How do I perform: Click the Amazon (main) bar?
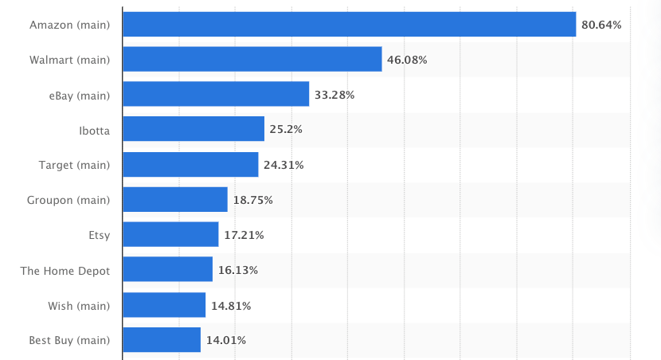click(x=349, y=25)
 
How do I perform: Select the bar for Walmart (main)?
click(x=252, y=60)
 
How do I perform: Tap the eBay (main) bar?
click(x=216, y=95)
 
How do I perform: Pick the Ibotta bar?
click(x=194, y=129)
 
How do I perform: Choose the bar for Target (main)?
click(x=191, y=165)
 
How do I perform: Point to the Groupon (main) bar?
click(x=175, y=200)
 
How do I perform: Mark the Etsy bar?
click(x=171, y=235)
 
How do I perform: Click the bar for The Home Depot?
click(x=168, y=270)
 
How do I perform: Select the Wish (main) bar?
click(x=165, y=305)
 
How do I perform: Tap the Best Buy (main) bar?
click(x=162, y=340)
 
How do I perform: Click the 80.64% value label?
click(x=601, y=25)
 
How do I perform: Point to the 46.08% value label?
click(x=407, y=60)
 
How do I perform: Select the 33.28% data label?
click(x=334, y=95)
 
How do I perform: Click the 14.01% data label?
click(x=226, y=340)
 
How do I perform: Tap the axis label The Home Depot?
click(x=65, y=270)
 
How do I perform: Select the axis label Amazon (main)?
click(x=69, y=25)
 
